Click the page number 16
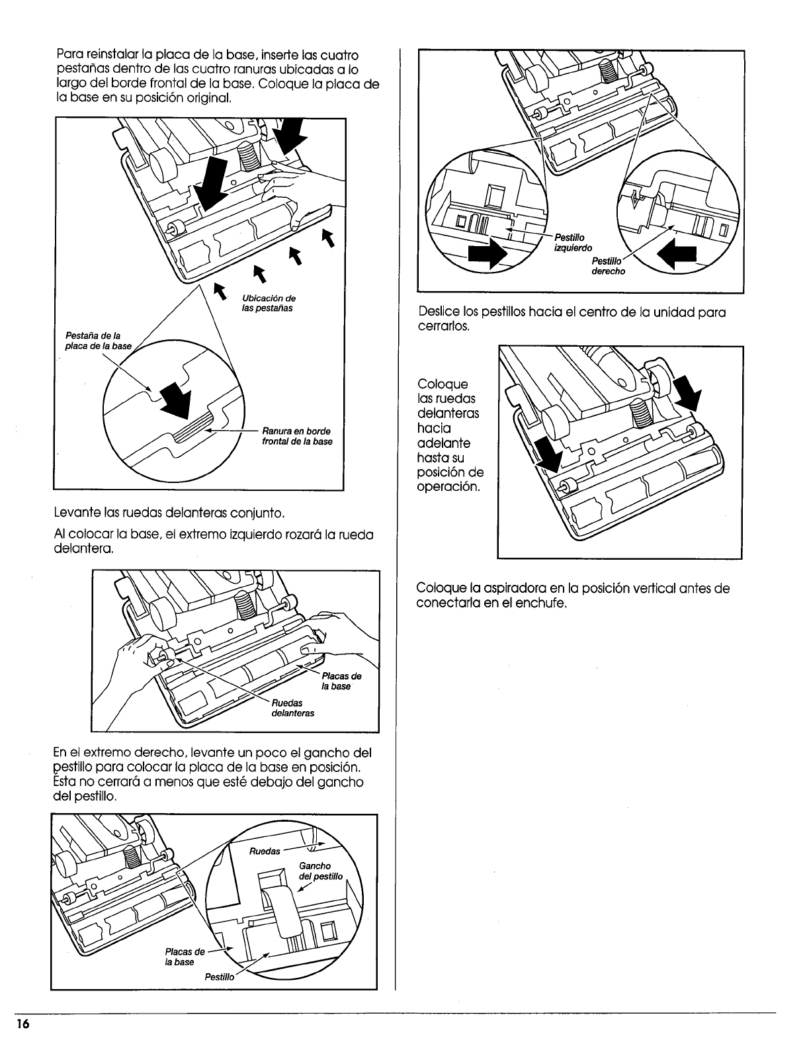[23, 1023]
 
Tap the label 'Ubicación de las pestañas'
[269, 302]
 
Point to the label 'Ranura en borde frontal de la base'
[297, 436]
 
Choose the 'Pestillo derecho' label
[608, 267]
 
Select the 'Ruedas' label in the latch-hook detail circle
[267, 851]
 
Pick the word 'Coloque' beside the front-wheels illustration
[442, 384]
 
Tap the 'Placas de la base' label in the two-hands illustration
[341, 681]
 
